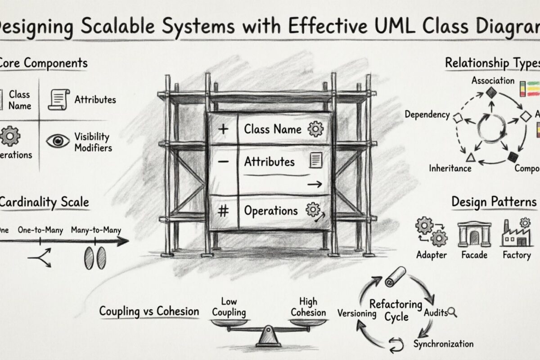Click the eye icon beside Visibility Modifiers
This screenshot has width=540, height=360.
(58, 141)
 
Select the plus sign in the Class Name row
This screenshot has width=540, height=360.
(223, 129)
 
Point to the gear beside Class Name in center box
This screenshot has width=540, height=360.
(315, 129)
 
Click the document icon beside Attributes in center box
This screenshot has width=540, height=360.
(317, 161)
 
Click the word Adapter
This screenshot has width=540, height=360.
(432, 255)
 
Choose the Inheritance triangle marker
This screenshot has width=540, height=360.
(470, 157)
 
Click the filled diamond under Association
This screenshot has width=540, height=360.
(490, 92)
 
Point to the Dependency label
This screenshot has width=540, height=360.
(427, 115)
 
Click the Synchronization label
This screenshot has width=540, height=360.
(443, 344)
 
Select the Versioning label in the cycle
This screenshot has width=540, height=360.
(357, 313)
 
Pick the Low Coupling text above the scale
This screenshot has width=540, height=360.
(229, 307)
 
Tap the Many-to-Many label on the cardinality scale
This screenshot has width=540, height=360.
(96, 230)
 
